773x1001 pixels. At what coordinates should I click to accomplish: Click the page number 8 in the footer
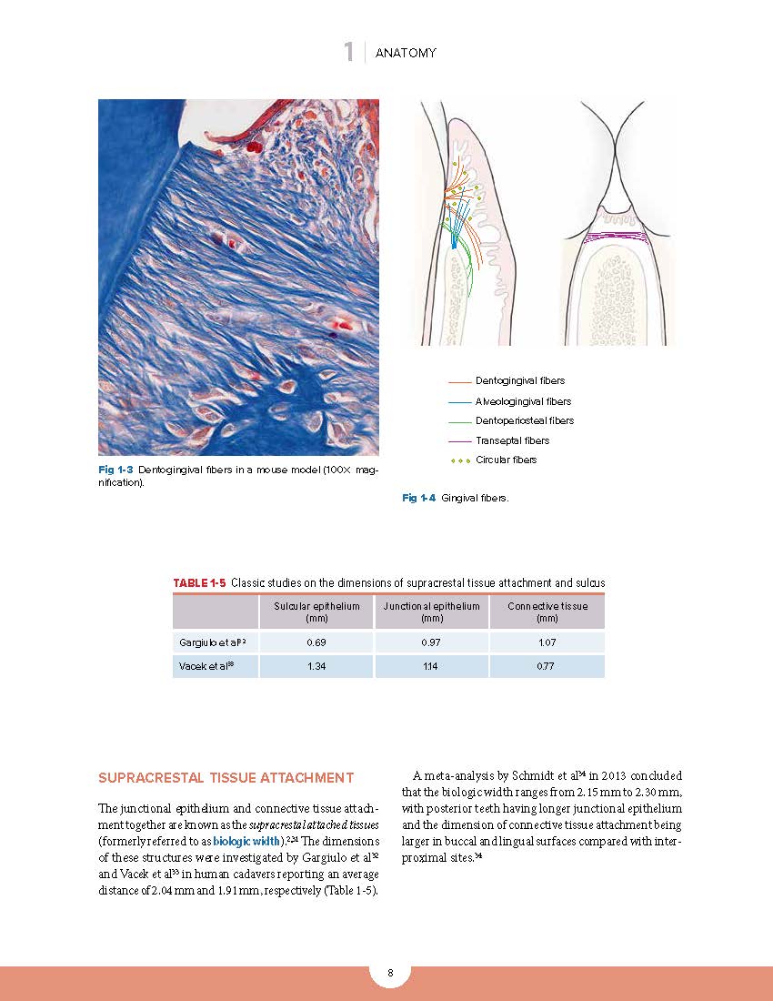coord(390,974)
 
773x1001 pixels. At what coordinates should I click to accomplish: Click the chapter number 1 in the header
coord(348,53)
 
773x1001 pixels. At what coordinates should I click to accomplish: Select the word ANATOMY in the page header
coord(406,53)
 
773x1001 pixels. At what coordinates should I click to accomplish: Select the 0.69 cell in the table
coord(316,642)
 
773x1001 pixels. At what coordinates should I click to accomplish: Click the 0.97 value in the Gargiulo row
coord(431,642)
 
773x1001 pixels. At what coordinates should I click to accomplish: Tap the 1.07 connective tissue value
coord(547,642)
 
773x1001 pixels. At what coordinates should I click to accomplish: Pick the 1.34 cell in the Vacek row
coord(316,666)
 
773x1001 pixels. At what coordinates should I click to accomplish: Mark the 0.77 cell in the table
coord(547,666)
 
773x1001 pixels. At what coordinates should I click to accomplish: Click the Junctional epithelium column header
coord(431,612)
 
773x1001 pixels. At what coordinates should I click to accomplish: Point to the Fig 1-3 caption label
coord(116,470)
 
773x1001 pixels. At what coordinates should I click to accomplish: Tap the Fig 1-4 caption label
coord(419,498)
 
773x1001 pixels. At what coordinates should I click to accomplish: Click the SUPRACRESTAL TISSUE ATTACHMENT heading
coord(226,778)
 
